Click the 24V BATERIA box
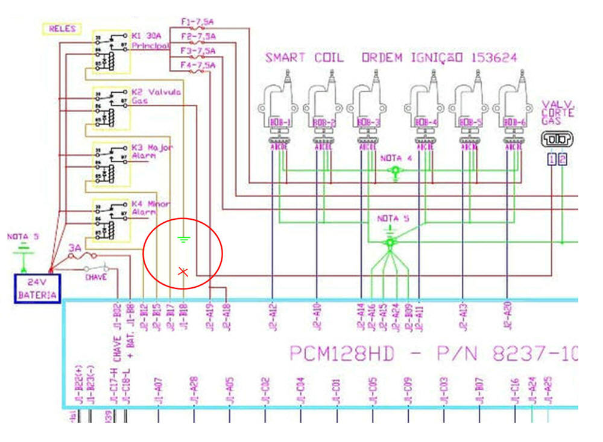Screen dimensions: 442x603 tap(37, 288)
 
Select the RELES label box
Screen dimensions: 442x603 tap(62, 28)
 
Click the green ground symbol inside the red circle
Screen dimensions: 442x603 tap(185, 240)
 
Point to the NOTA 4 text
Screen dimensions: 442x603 tap(396, 158)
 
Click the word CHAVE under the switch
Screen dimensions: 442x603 tap(96, 278)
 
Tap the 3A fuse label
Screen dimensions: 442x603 tap(75, 247)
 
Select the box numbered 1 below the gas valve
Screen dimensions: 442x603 tap(552, 160)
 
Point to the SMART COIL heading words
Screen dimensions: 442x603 tap(305, 58)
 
